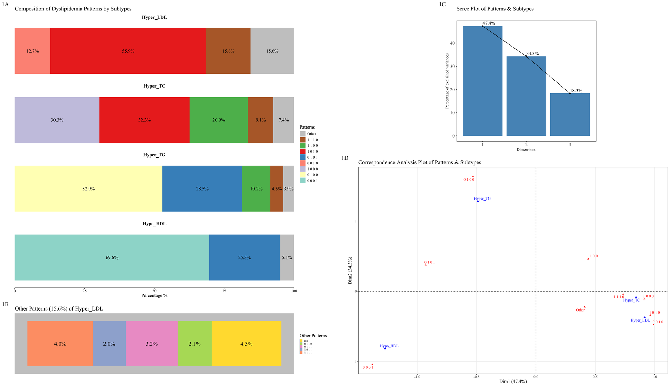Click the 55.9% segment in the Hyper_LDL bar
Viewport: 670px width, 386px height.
tap(128, 51)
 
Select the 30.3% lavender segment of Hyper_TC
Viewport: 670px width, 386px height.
tap(57, 120)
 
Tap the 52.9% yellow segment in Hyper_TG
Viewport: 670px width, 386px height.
tap(88, 189)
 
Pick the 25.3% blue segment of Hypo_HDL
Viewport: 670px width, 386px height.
tap(244, 257)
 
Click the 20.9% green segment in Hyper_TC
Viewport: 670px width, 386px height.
tap(219, 120)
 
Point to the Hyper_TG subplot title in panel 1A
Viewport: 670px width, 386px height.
tap(154, 155)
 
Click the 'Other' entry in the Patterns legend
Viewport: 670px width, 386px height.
tap(311, 134)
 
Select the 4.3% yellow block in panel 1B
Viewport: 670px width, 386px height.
tap(246, 344)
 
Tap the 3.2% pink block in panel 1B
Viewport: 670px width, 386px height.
tap(151, 344)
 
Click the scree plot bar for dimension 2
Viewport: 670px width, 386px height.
tap(526, 96)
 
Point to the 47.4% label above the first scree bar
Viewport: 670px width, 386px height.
tap(489, 23)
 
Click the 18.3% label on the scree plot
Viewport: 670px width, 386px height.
tap(576, 91)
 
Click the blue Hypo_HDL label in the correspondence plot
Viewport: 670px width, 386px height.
tap(389, 346)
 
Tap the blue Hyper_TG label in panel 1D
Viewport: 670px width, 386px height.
tap(482, 199)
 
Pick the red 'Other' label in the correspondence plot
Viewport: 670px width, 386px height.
tap(580, 310)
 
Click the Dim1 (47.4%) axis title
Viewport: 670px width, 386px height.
tap(513, 382)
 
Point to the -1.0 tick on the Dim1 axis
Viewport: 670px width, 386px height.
tap(417, 377)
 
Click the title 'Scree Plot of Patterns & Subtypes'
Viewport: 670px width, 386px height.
tap(495, 9)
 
